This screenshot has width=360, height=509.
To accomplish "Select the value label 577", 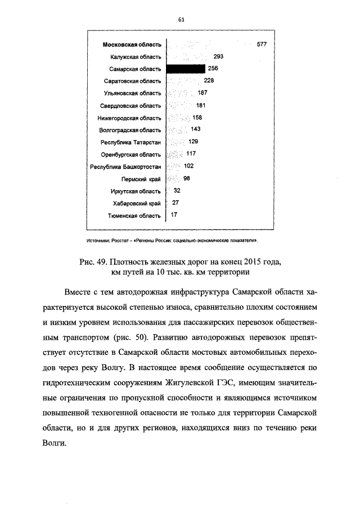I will tap(262, 44).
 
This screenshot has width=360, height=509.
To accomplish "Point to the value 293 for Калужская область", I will tap(219, 56).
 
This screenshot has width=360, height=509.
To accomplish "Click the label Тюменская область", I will tap(134, 215).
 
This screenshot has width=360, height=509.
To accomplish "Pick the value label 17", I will tap(174, 215).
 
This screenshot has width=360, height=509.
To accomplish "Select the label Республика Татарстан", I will tap(130, 142).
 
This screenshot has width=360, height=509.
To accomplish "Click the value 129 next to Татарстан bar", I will tap(193, 142).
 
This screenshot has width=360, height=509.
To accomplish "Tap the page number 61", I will tap(182, 19).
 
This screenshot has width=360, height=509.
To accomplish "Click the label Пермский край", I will tap(141, 179).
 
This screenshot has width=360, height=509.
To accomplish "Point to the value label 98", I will tap(187, 178).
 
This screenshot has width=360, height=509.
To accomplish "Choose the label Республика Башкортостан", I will tap(126, 167).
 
